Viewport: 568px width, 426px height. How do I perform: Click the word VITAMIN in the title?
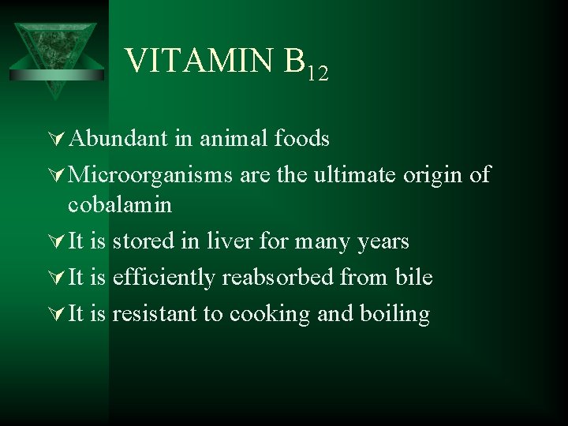tap(200, 61)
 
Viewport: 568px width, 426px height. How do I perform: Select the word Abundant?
tap(118, 139)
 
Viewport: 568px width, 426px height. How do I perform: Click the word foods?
tap(304, 139)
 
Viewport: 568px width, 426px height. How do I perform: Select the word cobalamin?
tap(120, 204)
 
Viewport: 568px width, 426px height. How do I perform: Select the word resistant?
tap(155, 313)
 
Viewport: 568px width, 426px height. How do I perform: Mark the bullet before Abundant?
tap(56, 140)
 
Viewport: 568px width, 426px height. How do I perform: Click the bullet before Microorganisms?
tap(56, 174)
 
